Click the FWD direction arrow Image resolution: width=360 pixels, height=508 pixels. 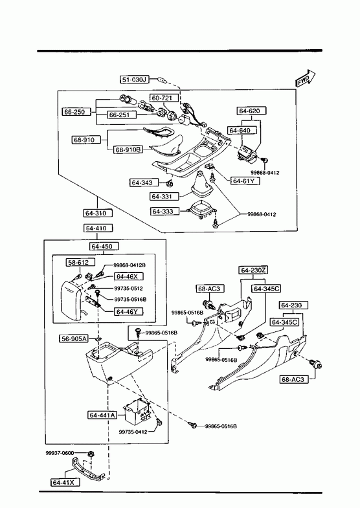pyautogui.click(x=305, y=78)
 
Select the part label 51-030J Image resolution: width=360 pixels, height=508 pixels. pyautogui.click(x=135, y=80)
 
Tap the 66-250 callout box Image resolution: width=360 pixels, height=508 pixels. pyautogui.click(x=74, y=112)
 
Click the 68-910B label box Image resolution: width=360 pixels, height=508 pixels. pyautogui.click(x=128, y=149)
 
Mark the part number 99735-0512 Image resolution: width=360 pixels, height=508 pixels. pyautogui.click(x=128, y=289)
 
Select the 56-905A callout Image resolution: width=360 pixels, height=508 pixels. pyautogui.click(x=74, y=339)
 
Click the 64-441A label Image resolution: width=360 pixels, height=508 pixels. pyautogui.click(x=102, y=415)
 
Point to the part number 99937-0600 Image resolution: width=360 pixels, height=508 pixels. pyautogui.click(x=60, y=453)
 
